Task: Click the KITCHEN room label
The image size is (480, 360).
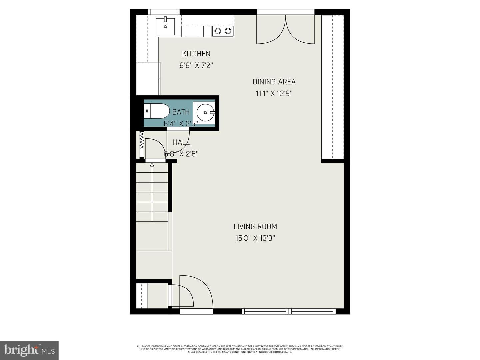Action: (196, 54)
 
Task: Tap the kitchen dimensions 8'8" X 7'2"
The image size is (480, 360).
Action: (196, 65)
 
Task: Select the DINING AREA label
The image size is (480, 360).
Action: (274, 82)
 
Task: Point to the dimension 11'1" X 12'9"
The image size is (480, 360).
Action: (274, 94)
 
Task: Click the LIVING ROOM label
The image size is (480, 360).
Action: (255, 227)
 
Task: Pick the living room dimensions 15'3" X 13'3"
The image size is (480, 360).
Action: (255, 238)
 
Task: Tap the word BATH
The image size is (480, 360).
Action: (181, 112)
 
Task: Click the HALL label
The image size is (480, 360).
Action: (181, 142)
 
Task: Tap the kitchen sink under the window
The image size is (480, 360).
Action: (165, 26)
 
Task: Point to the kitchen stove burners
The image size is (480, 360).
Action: (223, 31)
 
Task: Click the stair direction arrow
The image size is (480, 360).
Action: (152, 165)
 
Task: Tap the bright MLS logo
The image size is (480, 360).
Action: (29, 350)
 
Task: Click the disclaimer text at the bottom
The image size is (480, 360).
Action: (240, 349)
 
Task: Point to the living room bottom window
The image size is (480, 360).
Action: (289, 311)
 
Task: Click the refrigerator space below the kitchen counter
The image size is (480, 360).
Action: (148, 78)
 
